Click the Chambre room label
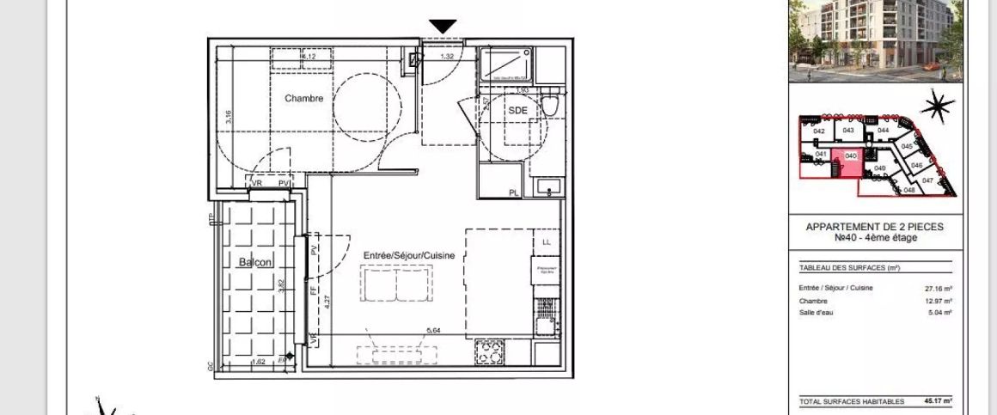point(304,99)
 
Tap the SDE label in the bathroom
point(517,111)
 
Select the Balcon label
point(255,262)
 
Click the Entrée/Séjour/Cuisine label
point(409,256)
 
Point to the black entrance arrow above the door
point(443,27)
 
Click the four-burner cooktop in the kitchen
point(491,352)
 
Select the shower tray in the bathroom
point(506,64)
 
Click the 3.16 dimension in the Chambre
point(229,118)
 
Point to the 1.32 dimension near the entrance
point(447,58)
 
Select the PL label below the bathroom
point(514,192)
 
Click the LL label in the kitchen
point(546,243)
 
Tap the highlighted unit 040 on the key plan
point(851,156)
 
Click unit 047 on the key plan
point(927,180)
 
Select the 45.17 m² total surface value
point(938,400)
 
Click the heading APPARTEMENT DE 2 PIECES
point(873,227)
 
